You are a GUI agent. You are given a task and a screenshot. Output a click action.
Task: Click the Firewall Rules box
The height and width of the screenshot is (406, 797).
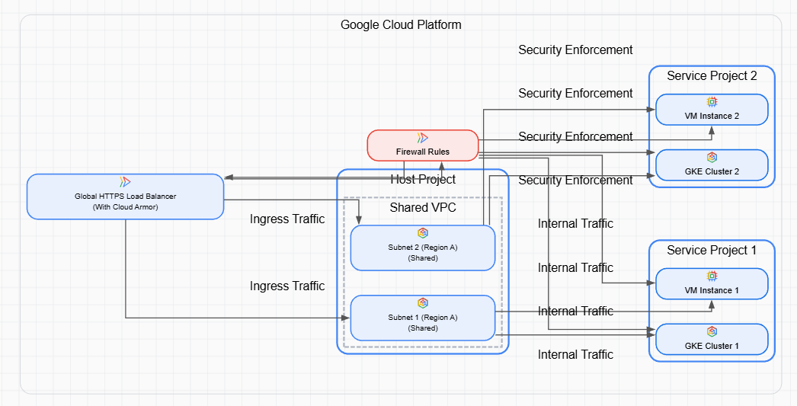423,145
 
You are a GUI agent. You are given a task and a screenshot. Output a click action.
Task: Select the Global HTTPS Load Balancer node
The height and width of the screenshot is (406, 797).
125,196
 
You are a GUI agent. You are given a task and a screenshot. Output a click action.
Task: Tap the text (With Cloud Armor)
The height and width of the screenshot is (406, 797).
125,206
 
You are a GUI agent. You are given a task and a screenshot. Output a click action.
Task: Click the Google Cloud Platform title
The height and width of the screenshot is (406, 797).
401,24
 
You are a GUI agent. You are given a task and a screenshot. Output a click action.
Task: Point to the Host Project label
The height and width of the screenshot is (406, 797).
423,180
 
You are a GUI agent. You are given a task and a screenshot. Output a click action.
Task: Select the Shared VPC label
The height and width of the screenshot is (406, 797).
423,207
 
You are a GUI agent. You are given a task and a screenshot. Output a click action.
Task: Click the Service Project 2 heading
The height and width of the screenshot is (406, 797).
712,75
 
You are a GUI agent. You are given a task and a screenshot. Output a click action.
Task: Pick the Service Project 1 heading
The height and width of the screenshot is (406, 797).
712,250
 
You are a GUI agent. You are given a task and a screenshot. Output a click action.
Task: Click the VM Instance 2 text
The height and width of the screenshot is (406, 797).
712,117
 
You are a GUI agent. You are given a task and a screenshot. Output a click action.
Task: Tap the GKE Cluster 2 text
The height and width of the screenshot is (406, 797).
712,171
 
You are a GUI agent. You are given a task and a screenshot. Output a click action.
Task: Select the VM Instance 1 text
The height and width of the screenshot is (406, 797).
712,290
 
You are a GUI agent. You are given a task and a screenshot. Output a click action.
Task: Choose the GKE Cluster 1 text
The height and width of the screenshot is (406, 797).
712,346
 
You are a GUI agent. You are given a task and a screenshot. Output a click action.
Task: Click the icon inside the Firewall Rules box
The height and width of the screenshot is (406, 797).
423,138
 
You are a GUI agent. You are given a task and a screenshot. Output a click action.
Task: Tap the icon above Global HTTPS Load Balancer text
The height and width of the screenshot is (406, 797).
125,182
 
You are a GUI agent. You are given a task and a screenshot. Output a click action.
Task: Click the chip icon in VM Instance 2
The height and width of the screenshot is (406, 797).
712,102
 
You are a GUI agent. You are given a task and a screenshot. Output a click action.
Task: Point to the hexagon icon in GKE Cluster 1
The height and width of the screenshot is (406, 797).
712,331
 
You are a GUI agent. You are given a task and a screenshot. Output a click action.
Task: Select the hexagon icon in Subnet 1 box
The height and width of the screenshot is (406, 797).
423,303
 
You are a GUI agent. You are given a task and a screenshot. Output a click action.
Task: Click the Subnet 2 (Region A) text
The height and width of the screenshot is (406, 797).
423,248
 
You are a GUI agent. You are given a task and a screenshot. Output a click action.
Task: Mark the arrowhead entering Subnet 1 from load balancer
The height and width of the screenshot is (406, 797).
345,318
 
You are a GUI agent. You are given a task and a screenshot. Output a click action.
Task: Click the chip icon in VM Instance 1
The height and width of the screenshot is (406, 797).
712,276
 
